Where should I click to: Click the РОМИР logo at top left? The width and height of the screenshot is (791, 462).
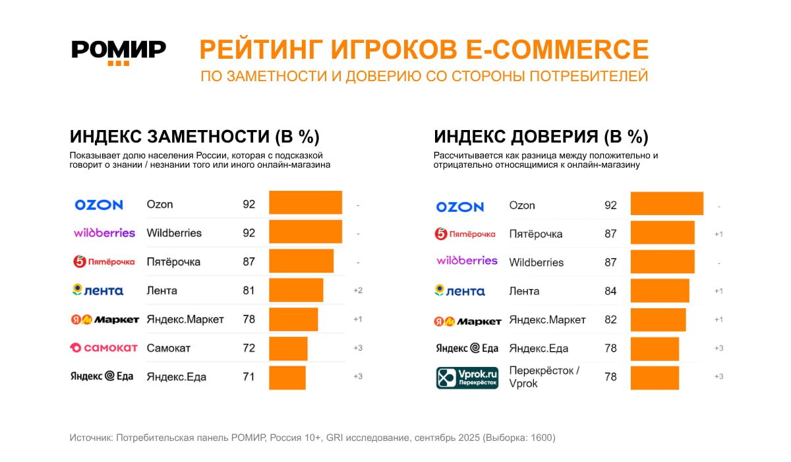(119, 51)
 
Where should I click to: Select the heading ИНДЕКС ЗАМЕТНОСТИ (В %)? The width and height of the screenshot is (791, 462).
(194, 137)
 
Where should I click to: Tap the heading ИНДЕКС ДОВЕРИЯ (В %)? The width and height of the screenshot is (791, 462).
(541, 137)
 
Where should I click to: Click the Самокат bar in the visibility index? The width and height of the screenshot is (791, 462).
(288, 348)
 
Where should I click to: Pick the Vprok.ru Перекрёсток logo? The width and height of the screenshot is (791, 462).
(467, 378)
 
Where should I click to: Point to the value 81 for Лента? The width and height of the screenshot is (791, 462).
(249, 290)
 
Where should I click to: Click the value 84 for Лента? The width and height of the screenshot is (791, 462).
(610, 291)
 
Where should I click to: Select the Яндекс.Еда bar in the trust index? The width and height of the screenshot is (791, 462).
(655, 348)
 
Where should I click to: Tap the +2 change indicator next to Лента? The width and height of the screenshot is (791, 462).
(358, 290)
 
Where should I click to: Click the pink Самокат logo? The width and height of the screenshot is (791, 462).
(104, 347)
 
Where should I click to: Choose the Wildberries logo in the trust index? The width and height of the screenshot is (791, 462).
(467, 261)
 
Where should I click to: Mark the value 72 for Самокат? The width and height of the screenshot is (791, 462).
(249, 348)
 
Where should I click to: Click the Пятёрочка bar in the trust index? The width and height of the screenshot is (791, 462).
(662, 233)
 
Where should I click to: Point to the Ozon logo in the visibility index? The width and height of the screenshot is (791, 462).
(99, 205)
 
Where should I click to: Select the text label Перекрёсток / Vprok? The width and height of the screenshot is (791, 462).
(544, 376)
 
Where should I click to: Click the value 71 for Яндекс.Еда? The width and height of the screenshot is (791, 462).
(249, 377)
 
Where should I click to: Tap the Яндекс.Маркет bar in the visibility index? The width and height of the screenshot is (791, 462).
(293, 319)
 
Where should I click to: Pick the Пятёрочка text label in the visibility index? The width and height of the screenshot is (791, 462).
(173, 262)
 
